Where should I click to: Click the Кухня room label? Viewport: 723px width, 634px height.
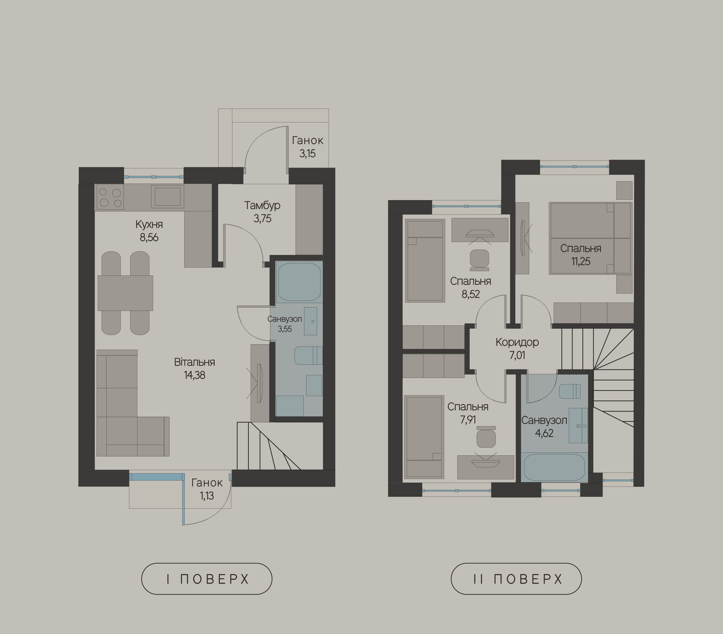click(x=149, y=224)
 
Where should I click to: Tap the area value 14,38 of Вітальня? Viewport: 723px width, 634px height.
click(x=195, y=375)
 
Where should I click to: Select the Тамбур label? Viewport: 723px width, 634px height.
click(x=262, y=205)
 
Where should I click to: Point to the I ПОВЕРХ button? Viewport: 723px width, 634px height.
click(x=207, y=579)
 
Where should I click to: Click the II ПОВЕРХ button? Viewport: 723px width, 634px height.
click(x=516, y=579)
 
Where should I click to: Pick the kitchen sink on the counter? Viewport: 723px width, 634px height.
click(x=167, y=196)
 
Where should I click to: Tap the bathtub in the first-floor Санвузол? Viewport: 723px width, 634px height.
click(x=299, y=282)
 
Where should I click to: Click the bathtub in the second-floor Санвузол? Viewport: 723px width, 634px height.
click(x=554, y=467)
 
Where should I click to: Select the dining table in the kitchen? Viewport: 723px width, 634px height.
click(x=125, y=293)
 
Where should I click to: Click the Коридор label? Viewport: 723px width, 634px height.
click(x=517, y=342)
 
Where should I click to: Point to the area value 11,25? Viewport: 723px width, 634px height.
click(x=581, y=261)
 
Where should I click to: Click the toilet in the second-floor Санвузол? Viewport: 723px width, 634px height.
click(x=570, y=391)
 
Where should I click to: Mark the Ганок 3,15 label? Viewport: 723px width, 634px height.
click(x=308, y=147)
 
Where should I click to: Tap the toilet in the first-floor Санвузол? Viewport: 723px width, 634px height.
click(x=308, y=355)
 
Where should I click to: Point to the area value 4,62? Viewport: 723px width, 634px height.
click(x=544, y=433)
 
